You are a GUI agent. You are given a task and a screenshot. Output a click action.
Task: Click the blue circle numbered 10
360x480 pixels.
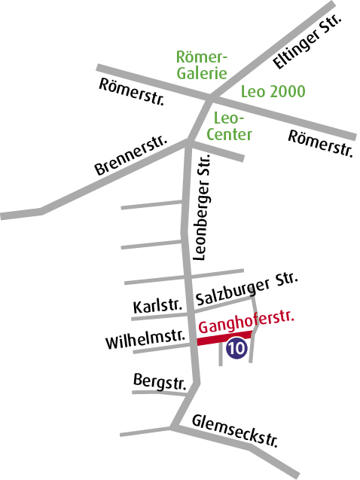(236, 348)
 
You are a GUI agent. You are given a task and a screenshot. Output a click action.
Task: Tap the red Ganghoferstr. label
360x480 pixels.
(246, 325)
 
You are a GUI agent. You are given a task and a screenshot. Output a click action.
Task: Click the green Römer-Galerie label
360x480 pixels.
(201, 65)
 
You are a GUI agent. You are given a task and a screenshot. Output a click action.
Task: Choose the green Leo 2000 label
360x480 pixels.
(273, 92)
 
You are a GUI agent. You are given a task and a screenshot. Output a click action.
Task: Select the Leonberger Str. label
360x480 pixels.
(202, 214)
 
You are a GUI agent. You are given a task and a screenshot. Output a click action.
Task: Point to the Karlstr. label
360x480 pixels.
(157, 307)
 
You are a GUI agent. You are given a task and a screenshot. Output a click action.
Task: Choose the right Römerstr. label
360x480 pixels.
(321, 143)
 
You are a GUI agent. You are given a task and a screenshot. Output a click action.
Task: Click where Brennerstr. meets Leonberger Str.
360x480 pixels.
(188, 144)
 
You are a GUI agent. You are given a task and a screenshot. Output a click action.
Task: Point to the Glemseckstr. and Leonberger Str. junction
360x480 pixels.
(175, 428)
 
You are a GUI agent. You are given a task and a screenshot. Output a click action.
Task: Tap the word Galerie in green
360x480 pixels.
(201, 73)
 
